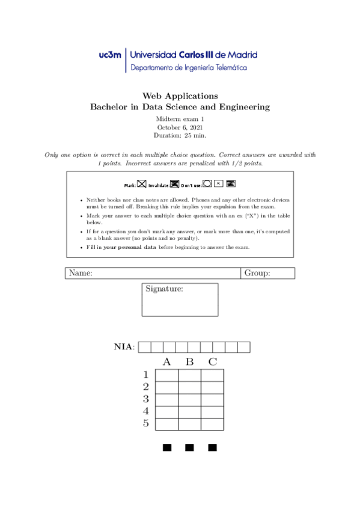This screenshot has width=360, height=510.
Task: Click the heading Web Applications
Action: (180, 96)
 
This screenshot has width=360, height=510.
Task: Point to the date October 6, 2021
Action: (180, 127)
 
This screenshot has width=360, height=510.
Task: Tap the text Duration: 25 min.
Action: (180, 136)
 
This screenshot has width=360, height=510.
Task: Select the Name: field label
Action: (81, 273)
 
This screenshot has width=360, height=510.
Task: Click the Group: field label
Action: (257, 273)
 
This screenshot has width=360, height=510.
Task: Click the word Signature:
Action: (164, 289)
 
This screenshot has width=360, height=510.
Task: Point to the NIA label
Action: (124, 346)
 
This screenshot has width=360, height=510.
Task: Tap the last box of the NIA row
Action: (243, 347)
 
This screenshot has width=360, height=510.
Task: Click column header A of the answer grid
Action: (167, 362)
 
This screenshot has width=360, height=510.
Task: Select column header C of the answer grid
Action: (212, 362)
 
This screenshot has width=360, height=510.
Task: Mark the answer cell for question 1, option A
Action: (167, 375)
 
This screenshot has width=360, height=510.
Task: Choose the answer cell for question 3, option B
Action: (189, 399)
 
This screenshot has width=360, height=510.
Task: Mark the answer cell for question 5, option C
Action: (212, 423)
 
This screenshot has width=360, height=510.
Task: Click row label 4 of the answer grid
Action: (146, 411)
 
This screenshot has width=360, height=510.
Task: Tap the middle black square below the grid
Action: (189, 447)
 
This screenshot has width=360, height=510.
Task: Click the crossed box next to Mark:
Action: (142, 184)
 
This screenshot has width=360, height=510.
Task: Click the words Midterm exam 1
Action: (180, 119)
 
